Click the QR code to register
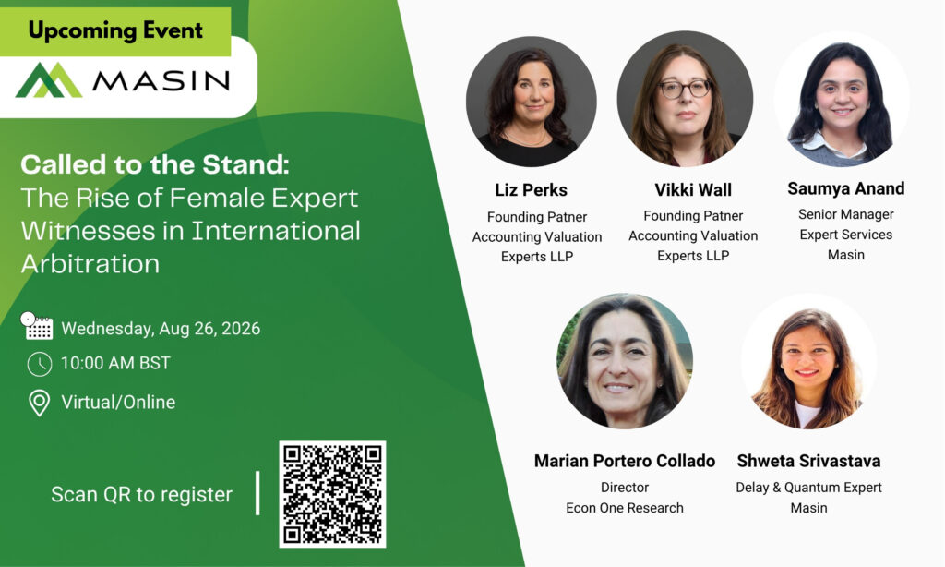pyautogui.click(x=332, y=494)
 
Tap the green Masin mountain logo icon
pyautogui.click(x=49, y=80)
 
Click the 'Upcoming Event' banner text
pyautogui.click(x=115, y=30)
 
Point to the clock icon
pyautogui.click(x=40, y=364)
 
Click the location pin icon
pyautogui.click(x=40, y=403)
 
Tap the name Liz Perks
pyautogui.click(x=531, y=190)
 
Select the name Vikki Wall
pyautogui.click(x=693, y=190)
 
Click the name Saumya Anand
pyautogui.click(x=845, y=188)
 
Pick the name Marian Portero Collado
pyautogui.click(x=625, y=461)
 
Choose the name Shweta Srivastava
pyautogui.click(x=808, y=461)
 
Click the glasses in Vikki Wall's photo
pyautogui.click(x=686, y=90)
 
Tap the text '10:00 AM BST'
pyautogui.click(x=115, y=363)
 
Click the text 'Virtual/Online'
pyautogui.click(x=118, y=403)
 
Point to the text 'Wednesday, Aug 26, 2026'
pyautogui.click(x=161, y=329)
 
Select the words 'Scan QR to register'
pyautogui.click(x=141, y=495)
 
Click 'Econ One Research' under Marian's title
pyautogui.click(x=625, y=508)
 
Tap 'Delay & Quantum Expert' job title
pyautogui.click(x=808, y=488)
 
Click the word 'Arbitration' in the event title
pyautogui.click(x=90, y=264)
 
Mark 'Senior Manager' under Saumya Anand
pyautogui.click(x=846, y=214)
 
